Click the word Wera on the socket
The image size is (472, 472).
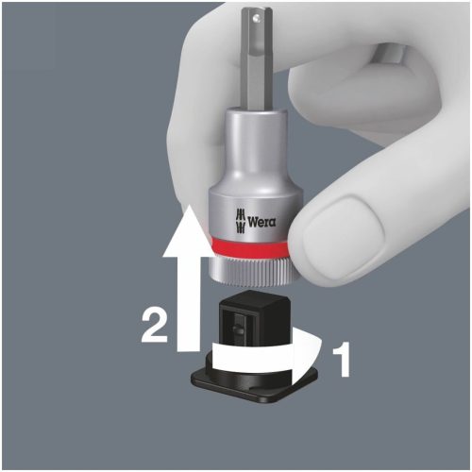pos(261,222)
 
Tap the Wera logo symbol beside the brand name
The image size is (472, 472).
pos(240,221)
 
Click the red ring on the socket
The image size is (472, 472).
pos(249,247)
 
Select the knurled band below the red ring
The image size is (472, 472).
pos(250,271)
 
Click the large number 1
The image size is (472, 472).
pos(341,359)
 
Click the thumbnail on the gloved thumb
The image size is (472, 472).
pos(343,232)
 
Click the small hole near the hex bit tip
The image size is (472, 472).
pos(258,19)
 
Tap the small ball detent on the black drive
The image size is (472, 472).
pos(237,329)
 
